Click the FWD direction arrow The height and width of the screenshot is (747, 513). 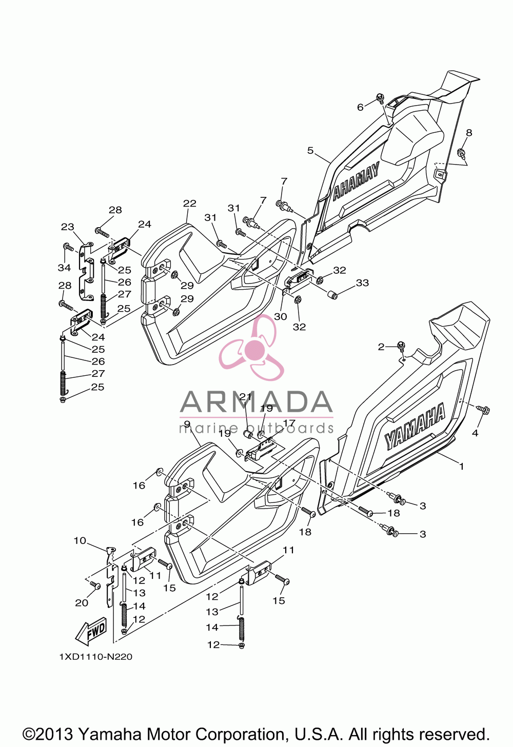click(x=91, y=629)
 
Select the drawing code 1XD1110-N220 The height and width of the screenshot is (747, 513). click(x=96, y=656)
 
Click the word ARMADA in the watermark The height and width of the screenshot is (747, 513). click(x=256, y=402)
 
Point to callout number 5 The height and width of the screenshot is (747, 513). click(x=310, y=150)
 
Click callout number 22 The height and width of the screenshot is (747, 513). click(x=190, y=203)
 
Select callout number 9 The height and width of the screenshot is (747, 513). click(x=187, y=424)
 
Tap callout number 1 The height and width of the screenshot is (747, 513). click(x=462, y=466)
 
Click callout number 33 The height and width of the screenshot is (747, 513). click(x=362, y=283)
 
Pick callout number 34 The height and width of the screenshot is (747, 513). click(x=65, y=268)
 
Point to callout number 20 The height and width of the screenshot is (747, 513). click(x=82, y=602)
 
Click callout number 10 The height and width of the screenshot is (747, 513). click(x=80, y=540)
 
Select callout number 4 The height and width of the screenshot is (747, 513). click(x=475, y=433)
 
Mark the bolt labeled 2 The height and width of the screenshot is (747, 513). click(x=400, y=346)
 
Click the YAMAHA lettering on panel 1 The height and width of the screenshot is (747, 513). click(x=415, y=426)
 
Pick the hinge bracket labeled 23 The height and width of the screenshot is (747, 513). click(x=86, y=271)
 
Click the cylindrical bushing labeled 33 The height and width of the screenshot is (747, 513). click(x=332, y=295)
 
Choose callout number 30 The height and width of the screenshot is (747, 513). click(x=281, y=316)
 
